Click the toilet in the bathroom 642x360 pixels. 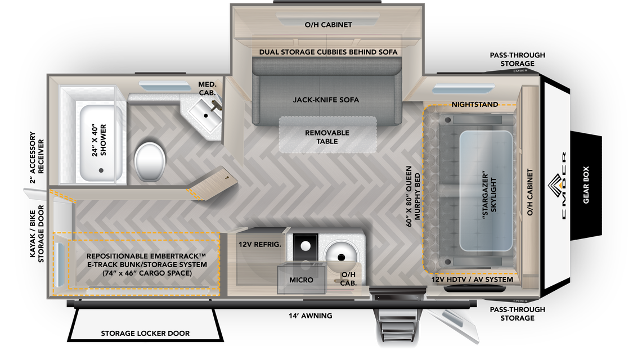click(x=151, y=160)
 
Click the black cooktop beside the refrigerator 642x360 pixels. click(x=305, y=246)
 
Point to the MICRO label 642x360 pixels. click(x=302, y=280)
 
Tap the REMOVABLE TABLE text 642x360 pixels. click(x=327, y=137)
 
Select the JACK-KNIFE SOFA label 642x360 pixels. click(x=326, y=100)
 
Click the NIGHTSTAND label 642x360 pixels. click(x=474, y=105)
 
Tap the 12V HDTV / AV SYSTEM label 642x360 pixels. click(x=472, y=280)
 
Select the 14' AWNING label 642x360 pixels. click(x=311, y=316)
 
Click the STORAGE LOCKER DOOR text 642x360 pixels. click(x=145, y=334)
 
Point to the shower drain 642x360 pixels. click(x=102, y=170)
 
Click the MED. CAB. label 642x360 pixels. click(x=208, y=88)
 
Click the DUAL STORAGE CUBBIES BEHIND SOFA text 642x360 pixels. click(x=329, y=52)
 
